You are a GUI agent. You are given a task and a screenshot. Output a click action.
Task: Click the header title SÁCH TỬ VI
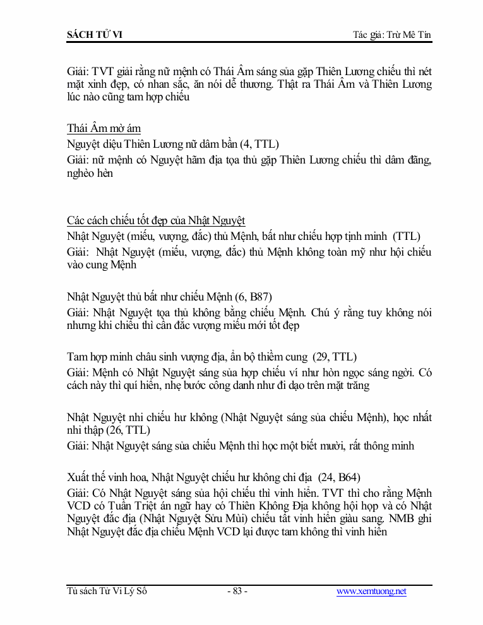pos(95,34)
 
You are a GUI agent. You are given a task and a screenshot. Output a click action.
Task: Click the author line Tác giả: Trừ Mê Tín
pos(392,34)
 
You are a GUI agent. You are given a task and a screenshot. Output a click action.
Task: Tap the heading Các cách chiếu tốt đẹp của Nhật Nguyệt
pos(156,220)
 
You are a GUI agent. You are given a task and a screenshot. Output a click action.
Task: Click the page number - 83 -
pos(237,592)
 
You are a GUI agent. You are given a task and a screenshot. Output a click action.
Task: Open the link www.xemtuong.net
pos(371,592)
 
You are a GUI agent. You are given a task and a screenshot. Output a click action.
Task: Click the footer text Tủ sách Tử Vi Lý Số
pos(107,592)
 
